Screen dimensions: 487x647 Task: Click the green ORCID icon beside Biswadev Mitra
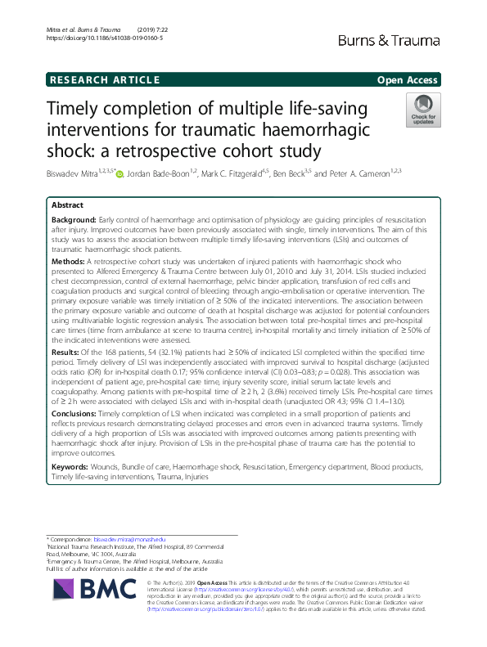point(119,174)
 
